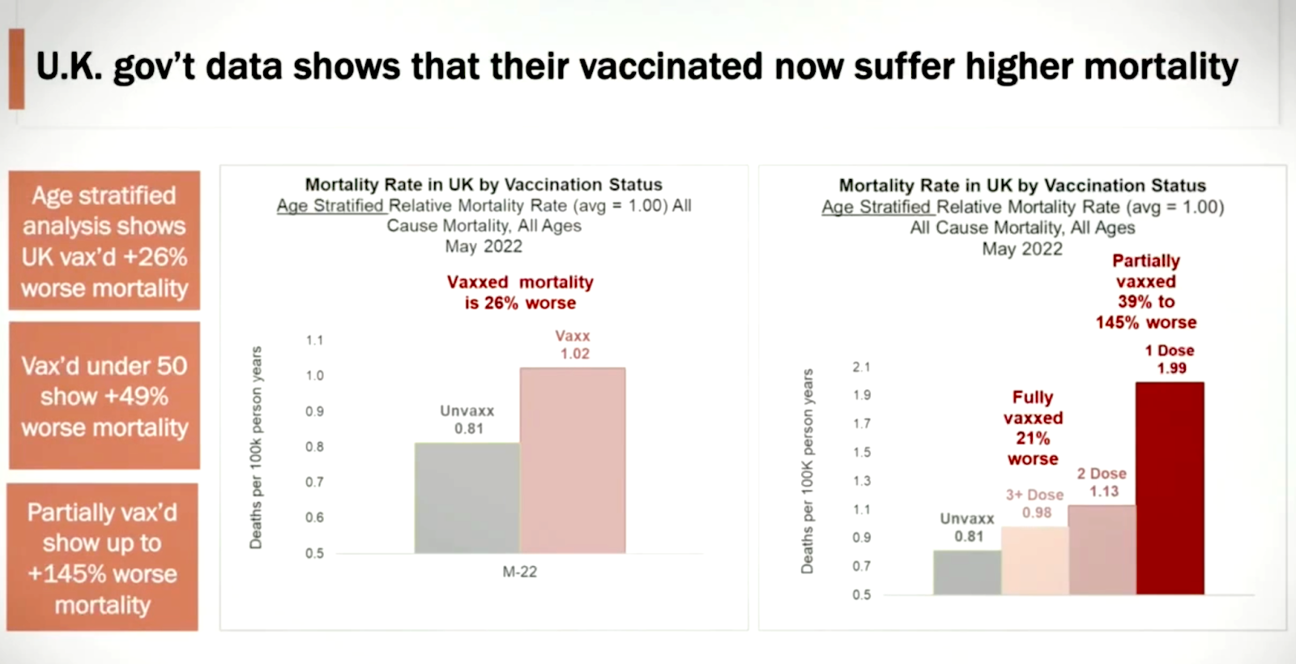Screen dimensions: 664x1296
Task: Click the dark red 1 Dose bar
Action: [1169, 488]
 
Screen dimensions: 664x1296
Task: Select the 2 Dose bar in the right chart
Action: [1102, 550]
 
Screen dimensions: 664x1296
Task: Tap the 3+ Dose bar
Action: [1034, 560]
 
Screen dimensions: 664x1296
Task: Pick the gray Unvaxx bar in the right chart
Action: [967, 572]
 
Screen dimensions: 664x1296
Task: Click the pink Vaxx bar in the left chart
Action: [572, 461]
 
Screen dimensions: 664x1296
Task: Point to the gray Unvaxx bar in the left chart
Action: [467, 498]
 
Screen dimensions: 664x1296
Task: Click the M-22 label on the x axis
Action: [519, 572]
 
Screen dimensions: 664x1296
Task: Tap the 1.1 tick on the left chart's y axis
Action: [314, 340]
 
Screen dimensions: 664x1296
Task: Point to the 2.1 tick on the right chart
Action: [861, 367]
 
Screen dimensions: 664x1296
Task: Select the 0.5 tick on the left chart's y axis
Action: [314, 553]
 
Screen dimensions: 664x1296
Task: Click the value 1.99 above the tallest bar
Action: [1171, 368]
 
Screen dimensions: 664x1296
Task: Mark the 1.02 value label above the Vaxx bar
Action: [574, 354]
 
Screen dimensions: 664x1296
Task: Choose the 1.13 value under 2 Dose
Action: [1103, 492]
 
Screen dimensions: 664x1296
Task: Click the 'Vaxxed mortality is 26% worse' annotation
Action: [520, 292]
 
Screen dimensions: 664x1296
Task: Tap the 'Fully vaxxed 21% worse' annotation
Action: [1033, 428]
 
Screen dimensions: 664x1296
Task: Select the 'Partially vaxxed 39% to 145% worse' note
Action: [1145, 292]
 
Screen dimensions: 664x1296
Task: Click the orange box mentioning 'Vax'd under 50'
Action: [104, 396]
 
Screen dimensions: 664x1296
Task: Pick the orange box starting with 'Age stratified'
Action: [104, 240]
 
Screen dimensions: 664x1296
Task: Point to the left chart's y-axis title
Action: [256, 447]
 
